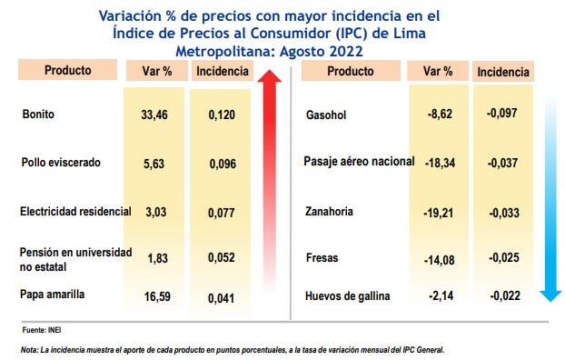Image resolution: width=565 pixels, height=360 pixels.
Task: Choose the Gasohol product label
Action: tap(329, 115)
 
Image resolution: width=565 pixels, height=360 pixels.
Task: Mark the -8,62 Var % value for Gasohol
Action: tap(439, 115)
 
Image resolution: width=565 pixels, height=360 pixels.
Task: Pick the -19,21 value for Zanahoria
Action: tap(437, 212)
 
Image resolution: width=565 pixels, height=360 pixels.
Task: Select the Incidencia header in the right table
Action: tap(502, 72)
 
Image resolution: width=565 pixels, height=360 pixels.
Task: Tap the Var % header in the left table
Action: tap(156, 71)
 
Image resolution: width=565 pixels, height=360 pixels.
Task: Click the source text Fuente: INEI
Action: tap(39, 330)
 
